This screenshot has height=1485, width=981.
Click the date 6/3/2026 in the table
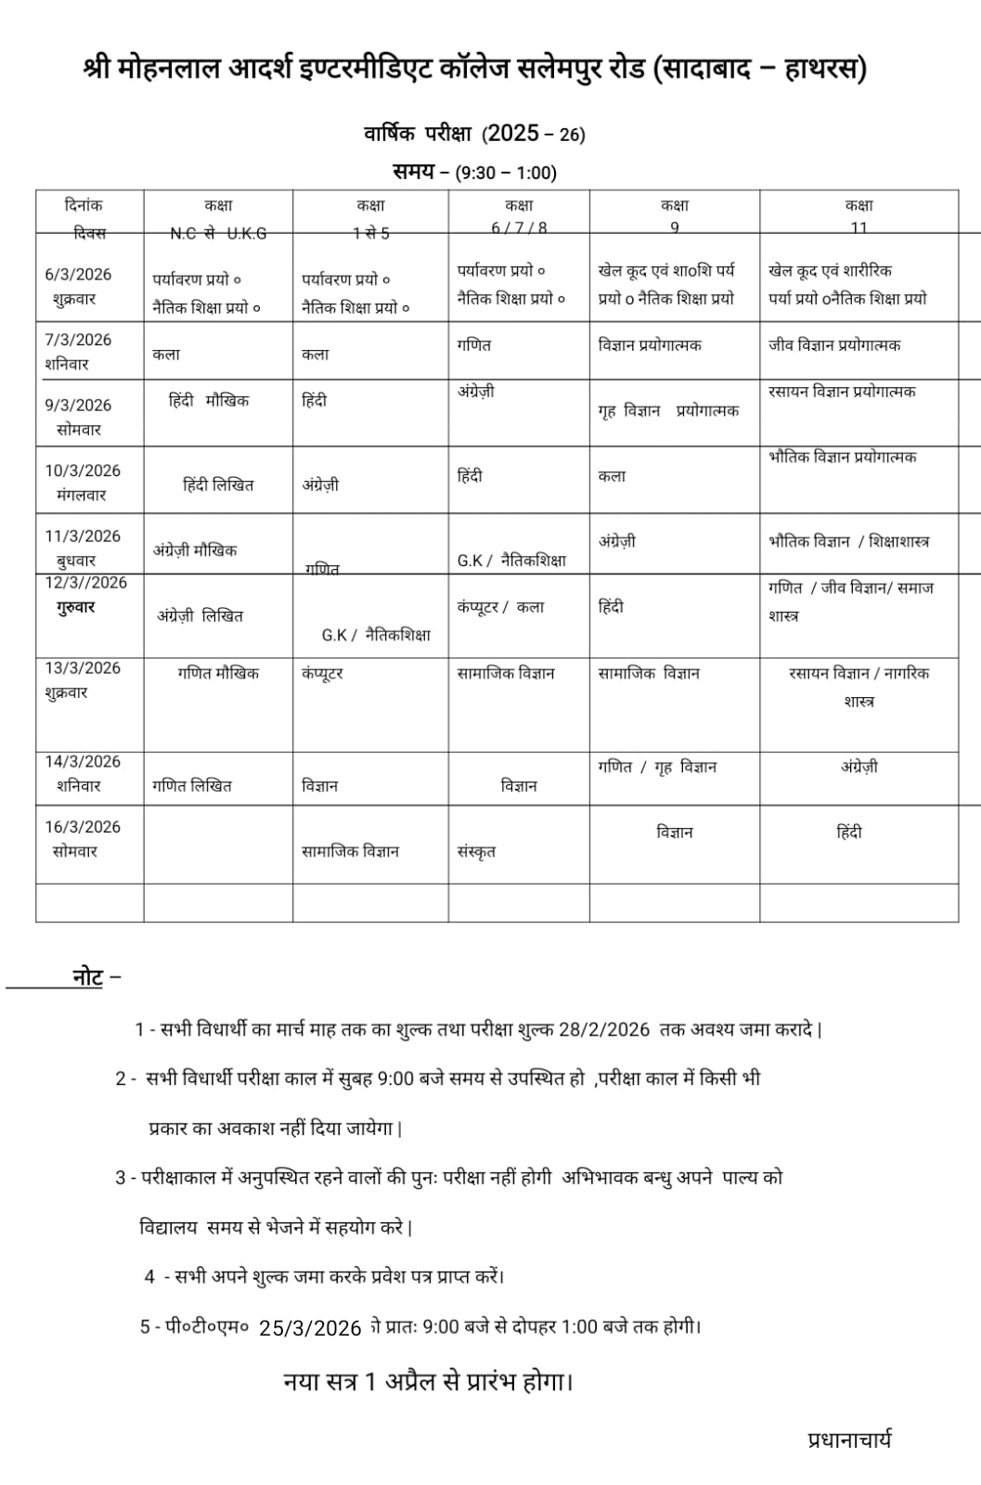coord(78,275)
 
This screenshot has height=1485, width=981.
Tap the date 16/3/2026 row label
coord(83,827)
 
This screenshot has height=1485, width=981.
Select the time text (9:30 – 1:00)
coord(506,173)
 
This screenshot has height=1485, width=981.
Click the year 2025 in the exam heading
coord(512,134)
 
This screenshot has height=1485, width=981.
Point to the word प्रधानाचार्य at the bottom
coord(849,1440)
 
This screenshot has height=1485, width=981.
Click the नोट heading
coord(88,976)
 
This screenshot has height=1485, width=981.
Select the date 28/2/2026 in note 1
coord(604,1029)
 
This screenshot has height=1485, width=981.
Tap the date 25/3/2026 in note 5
coord(310,1328)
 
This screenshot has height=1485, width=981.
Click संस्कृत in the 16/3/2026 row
coord(476,851)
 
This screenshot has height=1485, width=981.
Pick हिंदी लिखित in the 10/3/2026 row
coord(218,484)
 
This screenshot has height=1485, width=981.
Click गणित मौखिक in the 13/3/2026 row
coord(218,673)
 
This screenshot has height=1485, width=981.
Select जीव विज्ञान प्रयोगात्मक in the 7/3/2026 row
coord(834,345)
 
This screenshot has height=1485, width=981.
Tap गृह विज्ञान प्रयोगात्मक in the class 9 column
coord(668,410)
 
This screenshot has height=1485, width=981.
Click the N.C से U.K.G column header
coord(218,233)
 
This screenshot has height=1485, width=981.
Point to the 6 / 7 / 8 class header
coord(519,227)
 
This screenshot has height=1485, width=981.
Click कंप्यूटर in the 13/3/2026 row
coord(322,673)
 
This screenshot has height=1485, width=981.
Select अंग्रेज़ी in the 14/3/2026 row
coord(859,767)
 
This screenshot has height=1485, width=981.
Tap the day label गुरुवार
coord(76,607)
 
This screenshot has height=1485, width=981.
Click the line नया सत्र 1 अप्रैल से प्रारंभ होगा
coord(429,1381)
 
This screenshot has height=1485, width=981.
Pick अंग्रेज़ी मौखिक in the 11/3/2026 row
coord(195,550)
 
